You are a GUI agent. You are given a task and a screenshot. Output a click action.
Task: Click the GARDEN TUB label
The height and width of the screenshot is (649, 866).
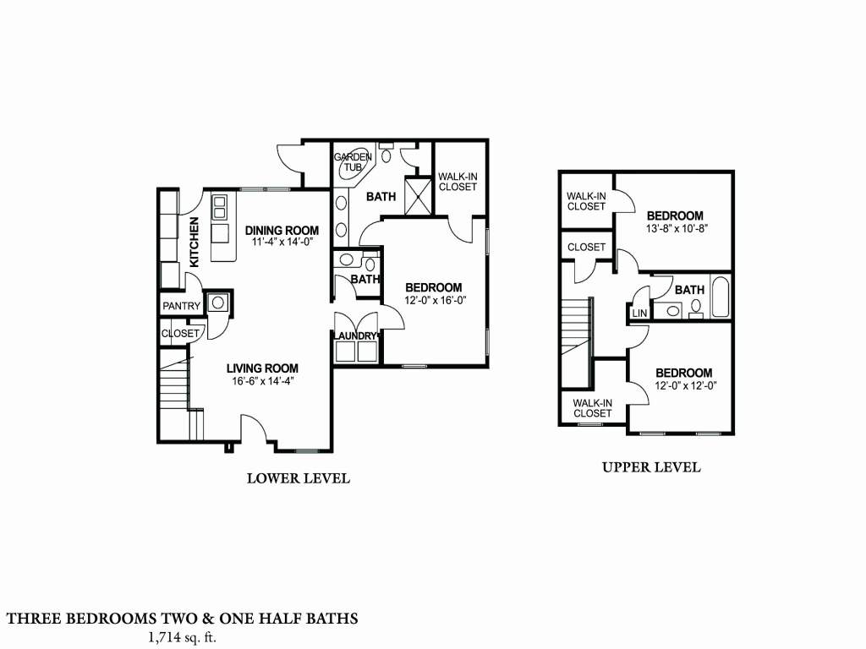click(353, 162)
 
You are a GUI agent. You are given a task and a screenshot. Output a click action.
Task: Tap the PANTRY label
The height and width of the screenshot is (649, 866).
click(181, 306)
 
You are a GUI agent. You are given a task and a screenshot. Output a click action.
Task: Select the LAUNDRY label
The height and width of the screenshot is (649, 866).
click(355, 335)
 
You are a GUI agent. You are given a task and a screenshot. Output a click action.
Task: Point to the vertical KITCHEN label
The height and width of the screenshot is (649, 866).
click(194, 243)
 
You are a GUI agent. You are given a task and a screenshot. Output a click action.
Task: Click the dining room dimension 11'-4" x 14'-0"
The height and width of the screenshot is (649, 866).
click(282, 242)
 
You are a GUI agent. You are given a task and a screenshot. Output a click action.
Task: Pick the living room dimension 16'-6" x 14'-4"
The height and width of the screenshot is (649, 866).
click(261, 380)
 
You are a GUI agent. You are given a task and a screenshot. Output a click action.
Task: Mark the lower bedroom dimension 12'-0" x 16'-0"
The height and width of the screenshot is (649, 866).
click(433, 299)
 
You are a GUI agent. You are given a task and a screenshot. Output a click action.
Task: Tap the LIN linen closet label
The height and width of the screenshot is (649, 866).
click(639, 314)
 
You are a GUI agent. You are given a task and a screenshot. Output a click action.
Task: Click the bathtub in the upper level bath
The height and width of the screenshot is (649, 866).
click(721, 297)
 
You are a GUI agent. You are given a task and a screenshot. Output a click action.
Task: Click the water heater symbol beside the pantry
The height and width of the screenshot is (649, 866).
click(217, 303)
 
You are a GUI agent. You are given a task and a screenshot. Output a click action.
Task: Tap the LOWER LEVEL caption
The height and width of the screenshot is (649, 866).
click(298, 478)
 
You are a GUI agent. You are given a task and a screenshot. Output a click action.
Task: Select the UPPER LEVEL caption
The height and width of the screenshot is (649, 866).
click(650, 467)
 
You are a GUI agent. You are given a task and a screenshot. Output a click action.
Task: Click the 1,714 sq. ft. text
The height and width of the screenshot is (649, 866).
click(182, 637)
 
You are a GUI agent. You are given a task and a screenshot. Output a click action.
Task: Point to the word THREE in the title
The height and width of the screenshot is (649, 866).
click(33, 619)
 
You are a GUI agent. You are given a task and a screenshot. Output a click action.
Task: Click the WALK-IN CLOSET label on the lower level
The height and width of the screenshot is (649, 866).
click(457, 182)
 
